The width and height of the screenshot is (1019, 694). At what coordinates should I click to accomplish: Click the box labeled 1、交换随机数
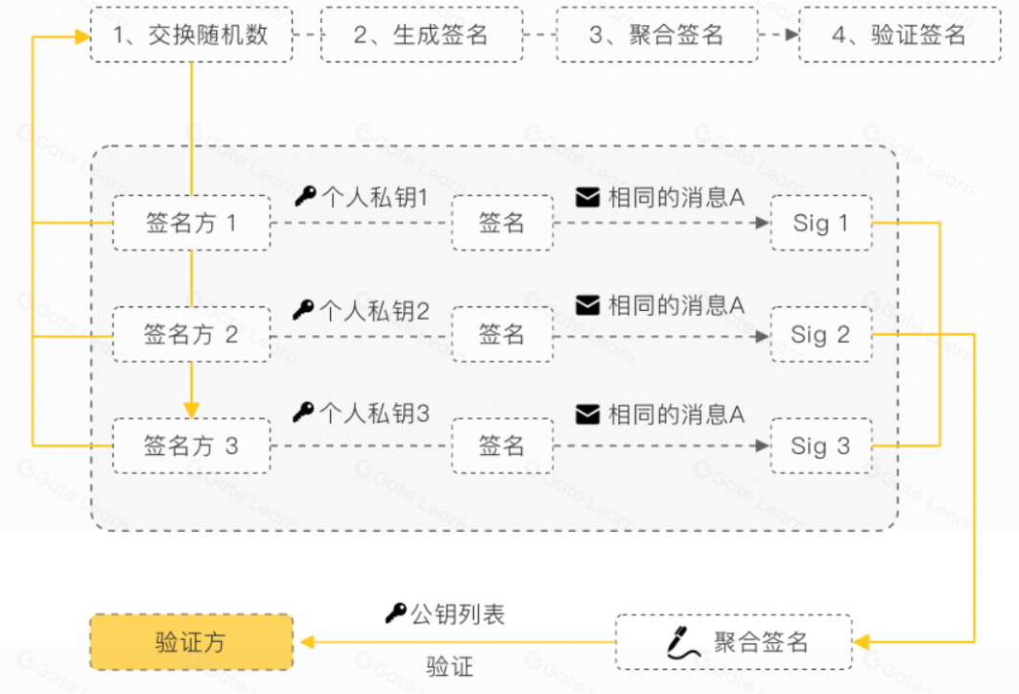[x=191, y=36]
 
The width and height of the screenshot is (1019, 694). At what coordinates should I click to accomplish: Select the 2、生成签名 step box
[x=421, y=36]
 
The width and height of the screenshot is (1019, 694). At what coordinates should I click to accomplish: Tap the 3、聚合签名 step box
[x=656, y=36]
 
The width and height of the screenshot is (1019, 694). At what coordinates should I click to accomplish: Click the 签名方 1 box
[x=191, y=224]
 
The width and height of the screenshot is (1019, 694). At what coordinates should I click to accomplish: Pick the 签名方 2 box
[x=191, y=334]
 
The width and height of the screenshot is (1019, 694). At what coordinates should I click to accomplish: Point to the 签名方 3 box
[x=191, y=445]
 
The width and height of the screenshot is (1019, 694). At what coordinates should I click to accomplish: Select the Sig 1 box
[x=821, y=224]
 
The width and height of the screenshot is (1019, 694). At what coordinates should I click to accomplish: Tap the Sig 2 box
[x=821, y=334]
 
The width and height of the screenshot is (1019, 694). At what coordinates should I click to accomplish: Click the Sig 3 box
[x=821, y=445]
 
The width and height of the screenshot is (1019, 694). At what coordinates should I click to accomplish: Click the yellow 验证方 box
[x=191, y=642]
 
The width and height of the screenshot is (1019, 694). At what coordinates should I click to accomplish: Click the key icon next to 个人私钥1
[x=305, y=197]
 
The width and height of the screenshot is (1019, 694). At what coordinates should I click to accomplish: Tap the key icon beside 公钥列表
[x=395, y=613]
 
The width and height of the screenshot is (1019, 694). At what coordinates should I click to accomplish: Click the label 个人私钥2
[x=374, y=310]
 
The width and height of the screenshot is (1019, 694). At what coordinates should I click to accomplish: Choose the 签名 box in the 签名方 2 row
[x=502, y=334]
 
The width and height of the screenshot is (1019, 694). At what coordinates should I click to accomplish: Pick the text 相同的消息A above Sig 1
[x=675, y=198]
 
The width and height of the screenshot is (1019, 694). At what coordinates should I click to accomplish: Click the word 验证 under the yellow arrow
[x=449, y=666]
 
